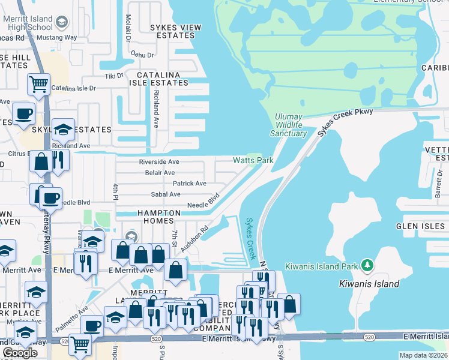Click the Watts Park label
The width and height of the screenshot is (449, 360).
tap(253, 160)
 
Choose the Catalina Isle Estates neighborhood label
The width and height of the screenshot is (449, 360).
tap(162, 79)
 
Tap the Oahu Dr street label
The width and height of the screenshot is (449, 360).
tap(142, 55)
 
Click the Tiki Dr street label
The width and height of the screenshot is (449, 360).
tap(114, 76)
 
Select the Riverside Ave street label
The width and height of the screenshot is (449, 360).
tap(159, 162)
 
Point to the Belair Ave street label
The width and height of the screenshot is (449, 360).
tap(160, 173)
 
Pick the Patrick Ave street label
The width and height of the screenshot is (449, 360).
tap(189, 184)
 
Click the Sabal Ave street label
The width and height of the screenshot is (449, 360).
tap(166, 194)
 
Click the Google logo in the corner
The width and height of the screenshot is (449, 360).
tap(20, 353)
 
